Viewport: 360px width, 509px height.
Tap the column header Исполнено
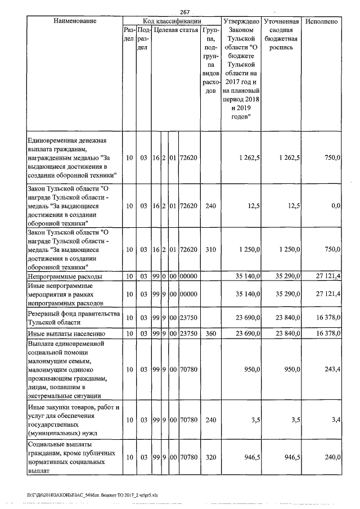[322, 21]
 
